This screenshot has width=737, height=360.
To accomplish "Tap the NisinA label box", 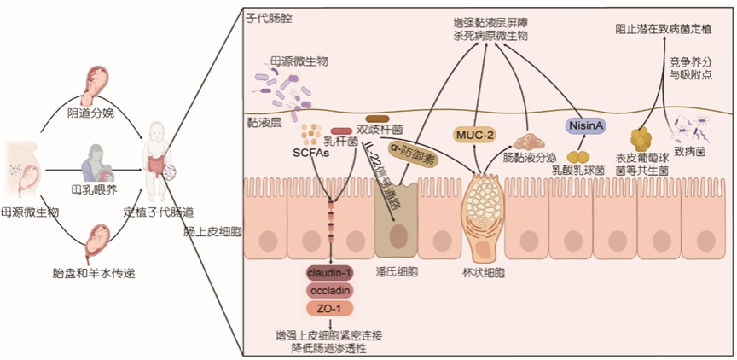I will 587,126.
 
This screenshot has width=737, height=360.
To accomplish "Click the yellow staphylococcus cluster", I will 641,138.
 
